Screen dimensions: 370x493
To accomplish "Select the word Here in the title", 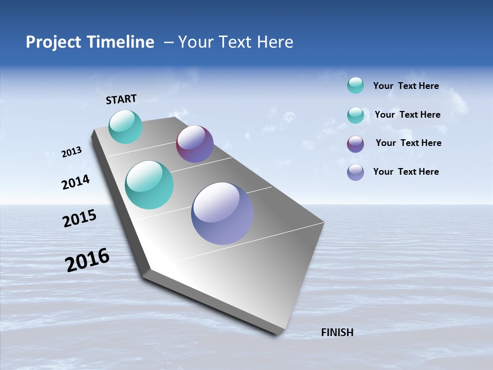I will (x=275, y=42).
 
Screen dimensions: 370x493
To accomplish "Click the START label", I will (x=121, y=99).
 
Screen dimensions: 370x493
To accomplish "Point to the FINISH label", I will (x=337, y=332).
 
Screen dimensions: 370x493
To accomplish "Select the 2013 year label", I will (x=72, y=152).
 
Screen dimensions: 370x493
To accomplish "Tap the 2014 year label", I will (x=75, y=182).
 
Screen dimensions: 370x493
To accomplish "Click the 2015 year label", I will (x=80, y=218).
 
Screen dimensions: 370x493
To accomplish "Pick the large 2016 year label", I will (x=87, y=260).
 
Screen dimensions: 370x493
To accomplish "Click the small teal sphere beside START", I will (x=125, y=126).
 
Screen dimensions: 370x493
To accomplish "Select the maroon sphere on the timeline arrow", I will (x=195, y=144).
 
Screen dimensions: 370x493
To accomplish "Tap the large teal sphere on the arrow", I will (x=149, y=185).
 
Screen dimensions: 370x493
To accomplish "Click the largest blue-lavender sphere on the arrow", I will (x=222, y=213).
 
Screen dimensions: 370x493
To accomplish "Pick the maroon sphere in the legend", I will (x=355, y=144).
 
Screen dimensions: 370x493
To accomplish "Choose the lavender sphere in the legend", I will (x=355, y=172).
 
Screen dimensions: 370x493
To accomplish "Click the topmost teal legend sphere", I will (x=355, y=85).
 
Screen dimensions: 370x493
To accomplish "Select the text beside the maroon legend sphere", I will (x=408, y=143).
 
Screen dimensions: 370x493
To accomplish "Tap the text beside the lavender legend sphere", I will (x=406, y=172).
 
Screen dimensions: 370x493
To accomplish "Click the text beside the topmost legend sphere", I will (x=406, y=86).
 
